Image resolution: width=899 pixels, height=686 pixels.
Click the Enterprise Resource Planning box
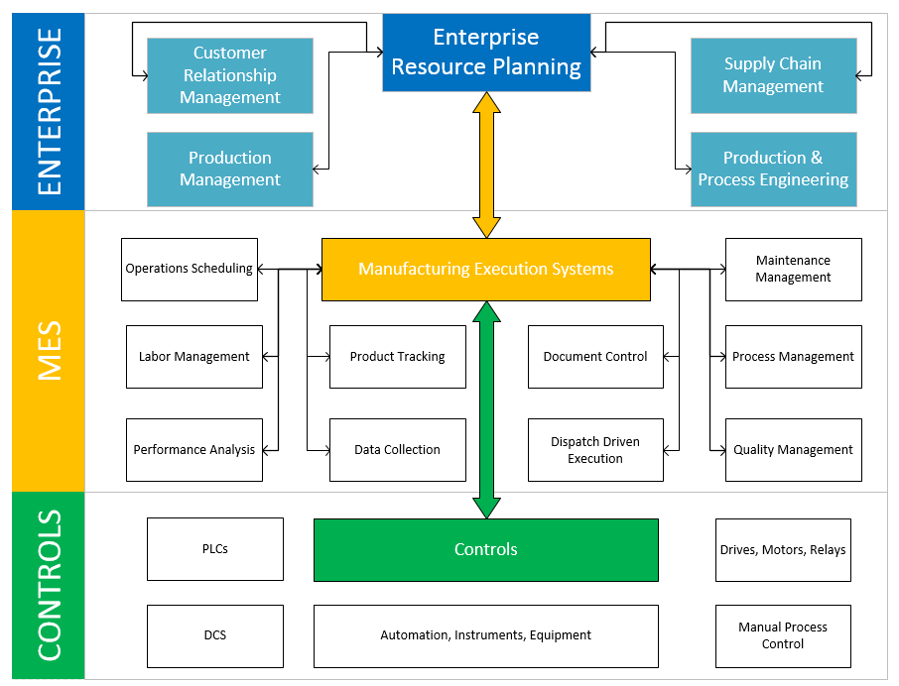click(486, 53)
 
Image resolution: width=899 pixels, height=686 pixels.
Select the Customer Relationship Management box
click(230, 75)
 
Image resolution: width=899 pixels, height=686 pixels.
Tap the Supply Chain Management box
click(773, 75)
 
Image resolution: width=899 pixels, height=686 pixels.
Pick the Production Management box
click(230, 169)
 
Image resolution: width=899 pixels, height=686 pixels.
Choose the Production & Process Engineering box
click(773, 169)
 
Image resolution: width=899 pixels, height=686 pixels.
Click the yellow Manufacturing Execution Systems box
click(486, 269)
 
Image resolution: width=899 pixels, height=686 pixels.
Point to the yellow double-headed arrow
click(486, 165)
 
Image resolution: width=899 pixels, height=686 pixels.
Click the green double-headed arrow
click(486, 409)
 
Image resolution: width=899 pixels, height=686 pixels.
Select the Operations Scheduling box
click(190, 269)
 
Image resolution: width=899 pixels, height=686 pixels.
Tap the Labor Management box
click(194, 357)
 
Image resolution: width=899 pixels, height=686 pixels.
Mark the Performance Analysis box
click(194, 450)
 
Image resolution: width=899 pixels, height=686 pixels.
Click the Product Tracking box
click(397, 357)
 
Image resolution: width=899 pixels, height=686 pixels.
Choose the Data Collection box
click(397, 450)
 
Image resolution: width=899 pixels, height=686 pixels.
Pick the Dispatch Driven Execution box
click(595, 450)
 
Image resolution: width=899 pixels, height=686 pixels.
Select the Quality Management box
click(793, 450)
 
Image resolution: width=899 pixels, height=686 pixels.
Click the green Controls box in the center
click(486, 549)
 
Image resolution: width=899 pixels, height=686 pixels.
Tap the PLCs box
click(215, 549)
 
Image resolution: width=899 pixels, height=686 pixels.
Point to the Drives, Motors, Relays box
click(783, 549)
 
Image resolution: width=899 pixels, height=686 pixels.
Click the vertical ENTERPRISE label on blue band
click(49, 111)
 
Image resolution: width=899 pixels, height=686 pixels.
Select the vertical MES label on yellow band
click(49, 351)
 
